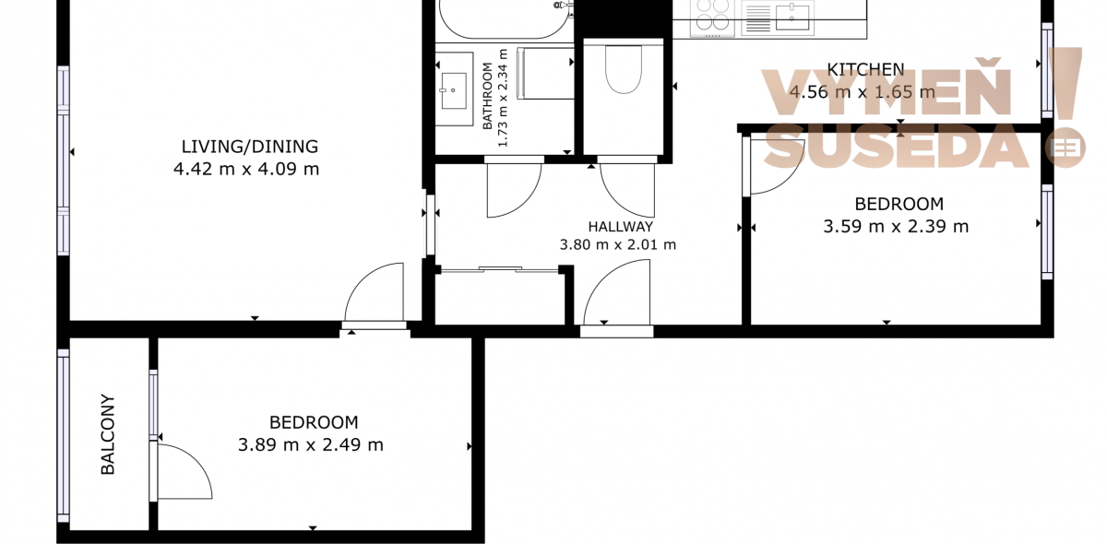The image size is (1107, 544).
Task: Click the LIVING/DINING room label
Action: click(250, 147)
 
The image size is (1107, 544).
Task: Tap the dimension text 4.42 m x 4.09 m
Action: click(246, 169)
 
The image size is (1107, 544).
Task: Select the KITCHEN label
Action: click(866, 70)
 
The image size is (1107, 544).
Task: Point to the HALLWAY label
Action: click(621, 227)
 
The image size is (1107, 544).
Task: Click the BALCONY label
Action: click(108, 434)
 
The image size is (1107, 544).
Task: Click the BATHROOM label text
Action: click(487, 96)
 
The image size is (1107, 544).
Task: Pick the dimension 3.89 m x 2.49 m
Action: click(310, 445)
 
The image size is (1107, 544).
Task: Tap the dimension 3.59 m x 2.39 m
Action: click(896, 227)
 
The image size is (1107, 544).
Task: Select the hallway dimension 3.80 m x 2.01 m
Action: click(618, 244)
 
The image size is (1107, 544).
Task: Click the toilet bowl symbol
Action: click(624, 69)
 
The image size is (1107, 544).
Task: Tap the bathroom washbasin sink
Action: click(454, 90)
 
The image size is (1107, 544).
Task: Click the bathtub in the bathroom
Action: click(504, 18)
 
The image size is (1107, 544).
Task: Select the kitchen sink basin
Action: click(792, 17)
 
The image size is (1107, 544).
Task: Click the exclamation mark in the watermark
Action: click(1065, 83)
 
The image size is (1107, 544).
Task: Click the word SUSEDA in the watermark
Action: click(897, 147)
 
